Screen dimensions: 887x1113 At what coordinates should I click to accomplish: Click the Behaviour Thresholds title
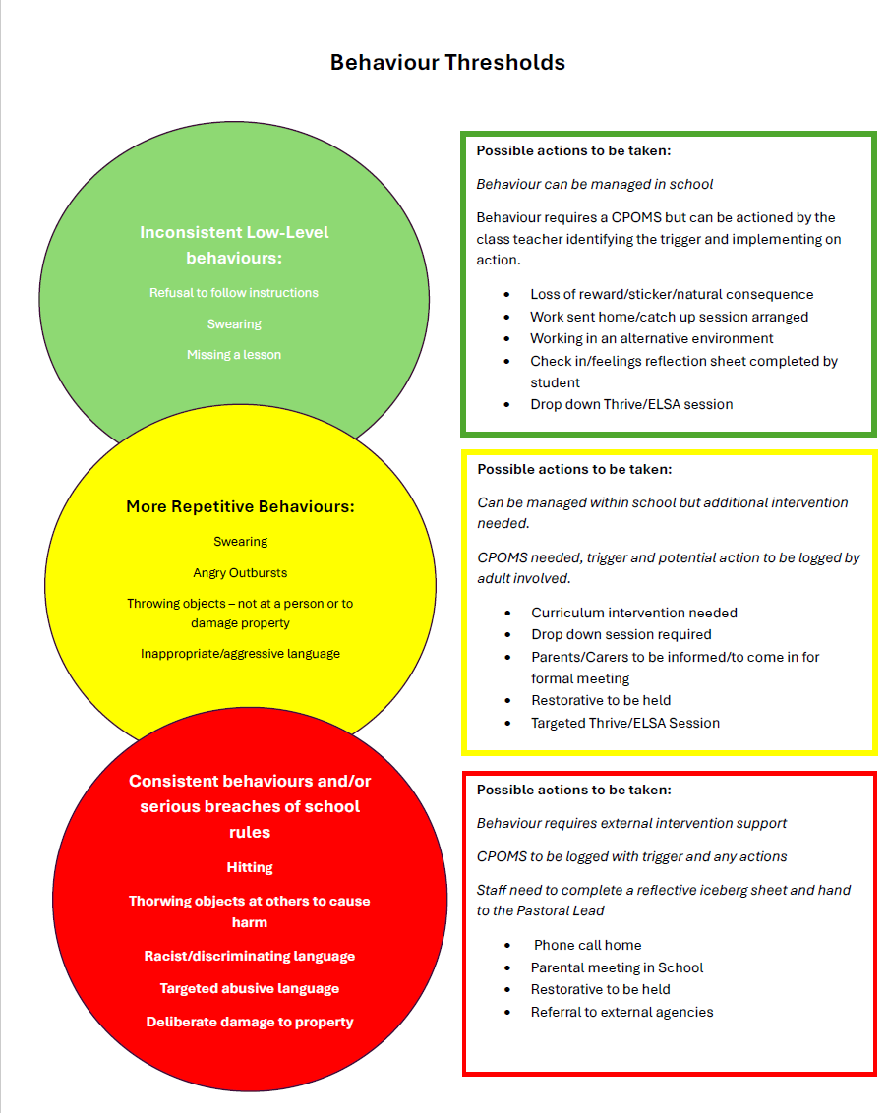447,63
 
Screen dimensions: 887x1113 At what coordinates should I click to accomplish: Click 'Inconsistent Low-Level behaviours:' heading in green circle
234,245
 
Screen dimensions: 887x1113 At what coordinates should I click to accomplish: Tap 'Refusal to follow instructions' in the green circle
234,292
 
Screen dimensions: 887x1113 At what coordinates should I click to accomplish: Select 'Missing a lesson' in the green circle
234,354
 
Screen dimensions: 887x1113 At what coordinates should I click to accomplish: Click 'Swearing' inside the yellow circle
241,542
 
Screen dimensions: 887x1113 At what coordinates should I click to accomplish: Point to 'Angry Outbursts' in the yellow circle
240,573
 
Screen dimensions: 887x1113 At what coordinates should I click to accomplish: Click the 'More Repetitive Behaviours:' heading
240,506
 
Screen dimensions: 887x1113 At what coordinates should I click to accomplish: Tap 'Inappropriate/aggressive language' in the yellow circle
240,653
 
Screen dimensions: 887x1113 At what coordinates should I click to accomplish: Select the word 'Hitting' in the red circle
250,867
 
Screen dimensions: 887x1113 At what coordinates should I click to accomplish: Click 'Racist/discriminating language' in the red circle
250,956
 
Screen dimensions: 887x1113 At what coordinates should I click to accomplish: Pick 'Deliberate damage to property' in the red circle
250,1022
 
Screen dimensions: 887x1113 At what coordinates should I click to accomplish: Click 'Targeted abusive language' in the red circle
250,989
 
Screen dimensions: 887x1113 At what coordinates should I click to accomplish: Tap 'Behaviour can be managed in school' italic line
594,185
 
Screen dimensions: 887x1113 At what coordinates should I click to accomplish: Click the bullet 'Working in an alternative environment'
651,338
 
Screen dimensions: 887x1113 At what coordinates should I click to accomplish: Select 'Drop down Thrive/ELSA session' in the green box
631,405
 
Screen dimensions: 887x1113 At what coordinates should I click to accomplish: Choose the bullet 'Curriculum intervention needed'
634,613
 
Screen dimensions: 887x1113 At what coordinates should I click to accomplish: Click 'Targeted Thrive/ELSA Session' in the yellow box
625,723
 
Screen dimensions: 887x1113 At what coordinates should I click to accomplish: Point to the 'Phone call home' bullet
587,946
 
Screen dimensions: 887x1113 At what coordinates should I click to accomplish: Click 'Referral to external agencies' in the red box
621,1012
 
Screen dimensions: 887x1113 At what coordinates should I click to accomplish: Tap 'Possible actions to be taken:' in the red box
574,791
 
